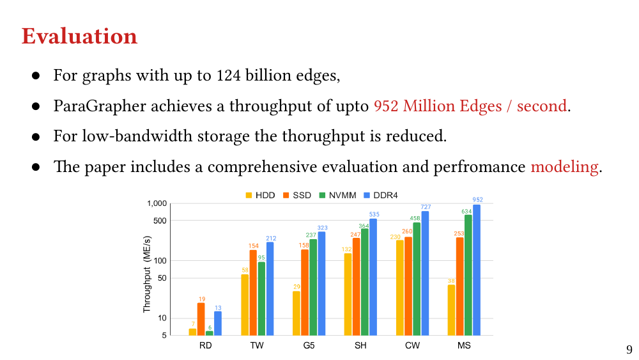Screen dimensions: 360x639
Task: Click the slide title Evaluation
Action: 79,36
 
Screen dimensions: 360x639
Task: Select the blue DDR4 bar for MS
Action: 477,269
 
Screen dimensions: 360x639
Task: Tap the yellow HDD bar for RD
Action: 192,331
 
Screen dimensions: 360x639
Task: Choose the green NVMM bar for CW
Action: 417,278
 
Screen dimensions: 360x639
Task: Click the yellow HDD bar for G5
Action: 296,313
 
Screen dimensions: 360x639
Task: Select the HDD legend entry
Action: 260,194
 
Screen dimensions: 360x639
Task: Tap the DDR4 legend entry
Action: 381,194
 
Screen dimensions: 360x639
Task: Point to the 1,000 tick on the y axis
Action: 157,203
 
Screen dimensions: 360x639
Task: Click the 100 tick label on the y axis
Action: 160,261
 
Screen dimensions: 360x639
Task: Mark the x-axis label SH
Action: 360,346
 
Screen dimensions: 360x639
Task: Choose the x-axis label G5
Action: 309,346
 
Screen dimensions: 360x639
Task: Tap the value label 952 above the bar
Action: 477,200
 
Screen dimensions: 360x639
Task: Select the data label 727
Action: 426,207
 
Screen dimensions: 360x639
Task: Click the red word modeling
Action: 564,167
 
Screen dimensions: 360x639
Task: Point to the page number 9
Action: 629,349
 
